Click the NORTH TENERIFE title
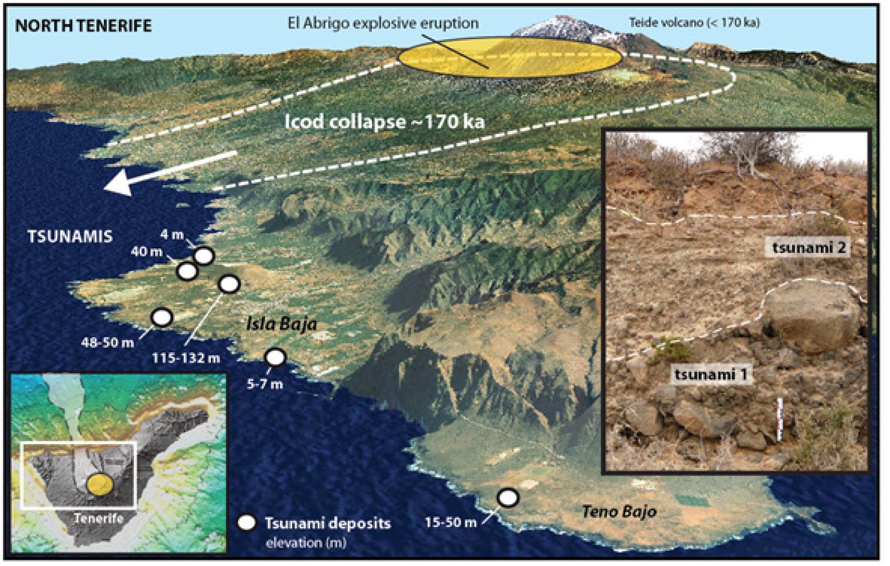point(83,26)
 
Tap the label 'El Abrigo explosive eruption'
point(383,23)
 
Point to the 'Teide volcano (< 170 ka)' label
point(694,23)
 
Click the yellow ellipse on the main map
point(510,58)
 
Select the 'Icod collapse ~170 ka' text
point(384,122)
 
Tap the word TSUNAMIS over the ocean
point(70,236)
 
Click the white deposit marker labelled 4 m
point(203,256)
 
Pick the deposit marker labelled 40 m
point(187,271)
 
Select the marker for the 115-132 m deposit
point(229,284)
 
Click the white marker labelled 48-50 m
point(162,317)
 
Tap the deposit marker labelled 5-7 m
point(275,357)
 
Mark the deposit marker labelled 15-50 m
point(507,497)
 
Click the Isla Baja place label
point(282,324)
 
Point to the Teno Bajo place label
point(619,511)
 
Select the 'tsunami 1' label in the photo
point(711,374)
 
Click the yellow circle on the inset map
point(100,484)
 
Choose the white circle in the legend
point(246,523)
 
